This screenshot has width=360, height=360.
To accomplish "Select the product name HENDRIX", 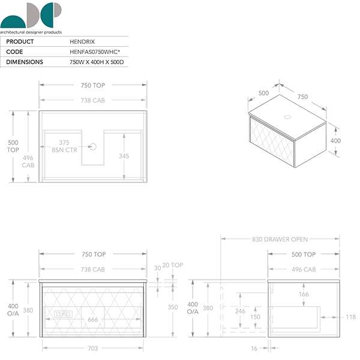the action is click(82, 42).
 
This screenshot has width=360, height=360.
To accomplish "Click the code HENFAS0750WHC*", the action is click(95, 52).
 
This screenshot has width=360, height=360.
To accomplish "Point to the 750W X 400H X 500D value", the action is click(97, 62).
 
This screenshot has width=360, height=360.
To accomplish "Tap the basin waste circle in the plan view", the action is click(93, 146).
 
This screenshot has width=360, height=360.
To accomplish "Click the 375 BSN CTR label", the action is click(64, 146).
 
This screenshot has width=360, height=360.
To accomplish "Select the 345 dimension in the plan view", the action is click(124, 156).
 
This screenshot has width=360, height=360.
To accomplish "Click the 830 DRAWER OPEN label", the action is click(280, 239).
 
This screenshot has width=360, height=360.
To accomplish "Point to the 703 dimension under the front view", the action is click(93, 348).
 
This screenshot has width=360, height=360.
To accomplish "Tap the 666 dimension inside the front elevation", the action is click(93, 319).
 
